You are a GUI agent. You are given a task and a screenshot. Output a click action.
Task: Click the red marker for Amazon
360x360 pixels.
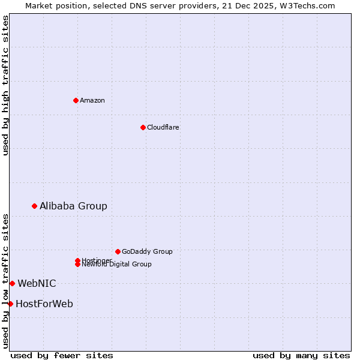76,100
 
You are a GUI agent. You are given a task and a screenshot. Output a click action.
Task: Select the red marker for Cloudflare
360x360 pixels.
143,127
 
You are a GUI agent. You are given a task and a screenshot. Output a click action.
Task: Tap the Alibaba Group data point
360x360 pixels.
34,206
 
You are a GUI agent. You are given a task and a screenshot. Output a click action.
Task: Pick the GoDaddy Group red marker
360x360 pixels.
118,251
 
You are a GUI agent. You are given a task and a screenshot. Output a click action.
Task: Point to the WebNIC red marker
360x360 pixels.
12,283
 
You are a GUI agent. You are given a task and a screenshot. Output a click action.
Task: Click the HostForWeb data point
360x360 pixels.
10,304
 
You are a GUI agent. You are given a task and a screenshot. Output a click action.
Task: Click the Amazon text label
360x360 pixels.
92,100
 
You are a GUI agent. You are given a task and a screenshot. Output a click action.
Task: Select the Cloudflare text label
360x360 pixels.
163,127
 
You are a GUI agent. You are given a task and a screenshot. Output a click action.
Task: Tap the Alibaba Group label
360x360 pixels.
73,206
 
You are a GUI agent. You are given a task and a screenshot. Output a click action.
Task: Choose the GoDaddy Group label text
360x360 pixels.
147,251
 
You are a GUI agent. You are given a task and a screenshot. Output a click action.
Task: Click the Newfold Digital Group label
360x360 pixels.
117,265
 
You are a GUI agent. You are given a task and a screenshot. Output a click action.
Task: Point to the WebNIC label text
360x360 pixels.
37,283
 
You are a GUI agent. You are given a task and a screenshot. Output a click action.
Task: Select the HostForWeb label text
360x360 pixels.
44,304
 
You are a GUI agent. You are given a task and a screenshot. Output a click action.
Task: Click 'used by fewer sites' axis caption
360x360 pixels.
62,355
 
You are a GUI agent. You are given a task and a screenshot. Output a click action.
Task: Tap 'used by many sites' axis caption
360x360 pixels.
301,355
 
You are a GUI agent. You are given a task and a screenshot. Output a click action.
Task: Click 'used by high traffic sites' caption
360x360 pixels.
6,85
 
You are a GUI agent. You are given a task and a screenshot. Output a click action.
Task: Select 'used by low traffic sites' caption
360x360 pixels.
6,281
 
